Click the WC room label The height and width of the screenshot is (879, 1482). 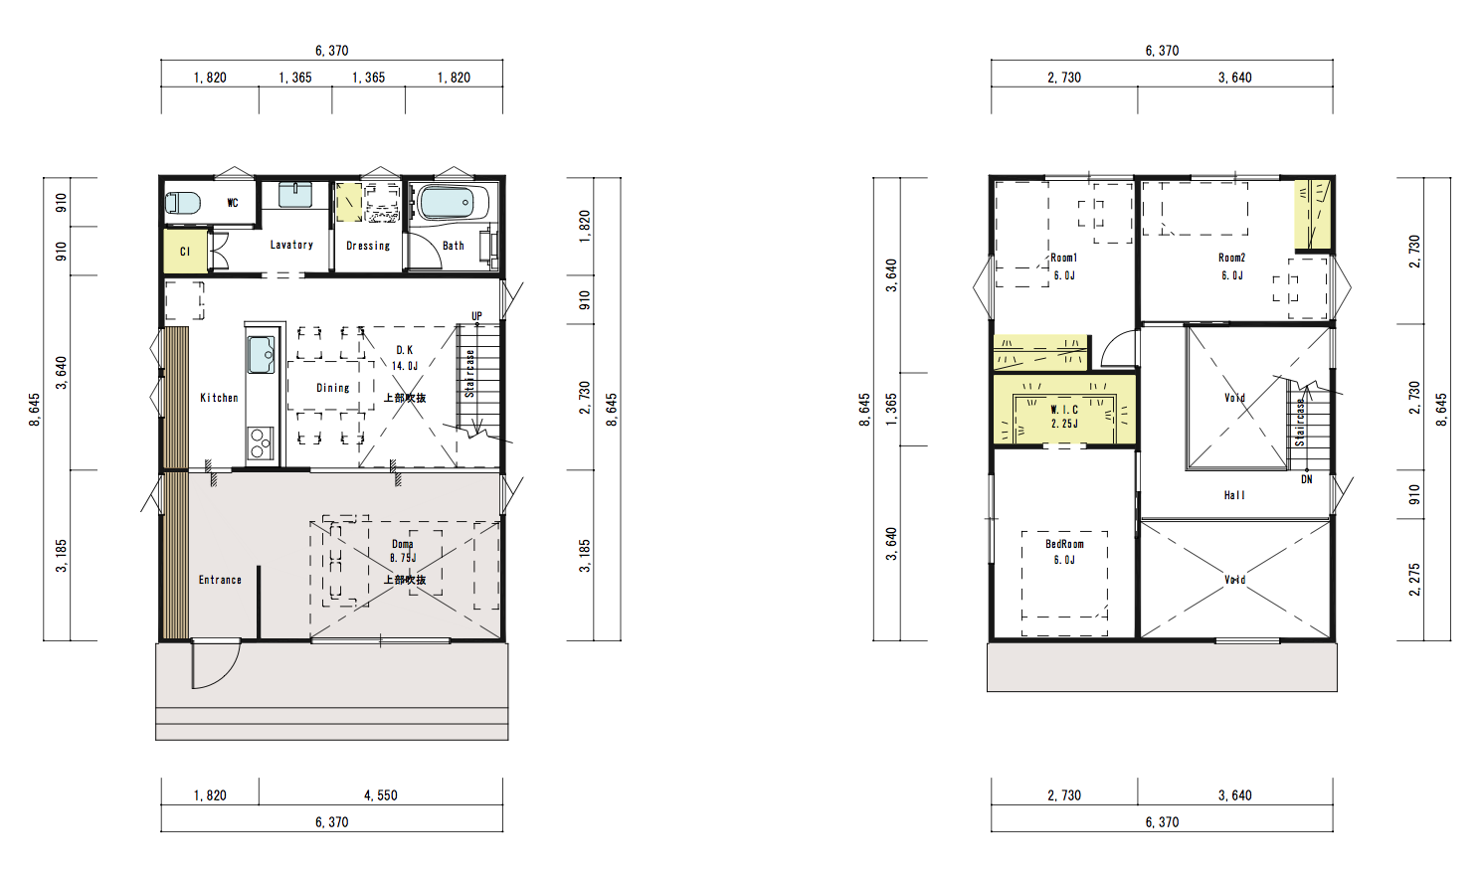tap(232, 203)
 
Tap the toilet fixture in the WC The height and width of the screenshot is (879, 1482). tap(182, 203)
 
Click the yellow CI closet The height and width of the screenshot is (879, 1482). tap(185, 252)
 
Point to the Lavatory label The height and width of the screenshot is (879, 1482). tap(291, 245)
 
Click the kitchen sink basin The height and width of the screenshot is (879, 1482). tap(261, 355)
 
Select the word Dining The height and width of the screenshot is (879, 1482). tap(333, 388)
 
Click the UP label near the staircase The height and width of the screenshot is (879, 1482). tap(476, 316)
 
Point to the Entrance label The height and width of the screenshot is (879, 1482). tap(220, 580)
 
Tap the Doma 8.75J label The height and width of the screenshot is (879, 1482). tap(403, 551)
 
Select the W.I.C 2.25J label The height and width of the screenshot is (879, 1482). tap(1064, 417)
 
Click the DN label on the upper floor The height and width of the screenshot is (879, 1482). tap(1306, 479)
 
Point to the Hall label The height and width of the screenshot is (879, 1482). tap(1234, 495)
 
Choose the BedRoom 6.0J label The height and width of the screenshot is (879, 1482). tap(1064, 552)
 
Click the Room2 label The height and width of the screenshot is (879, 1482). tap(1232, 258)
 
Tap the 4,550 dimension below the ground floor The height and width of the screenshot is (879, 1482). tap(380, 795)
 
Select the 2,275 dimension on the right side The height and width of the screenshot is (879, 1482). tap(1414, 580)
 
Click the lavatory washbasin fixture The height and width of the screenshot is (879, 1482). tap(295, 195)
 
